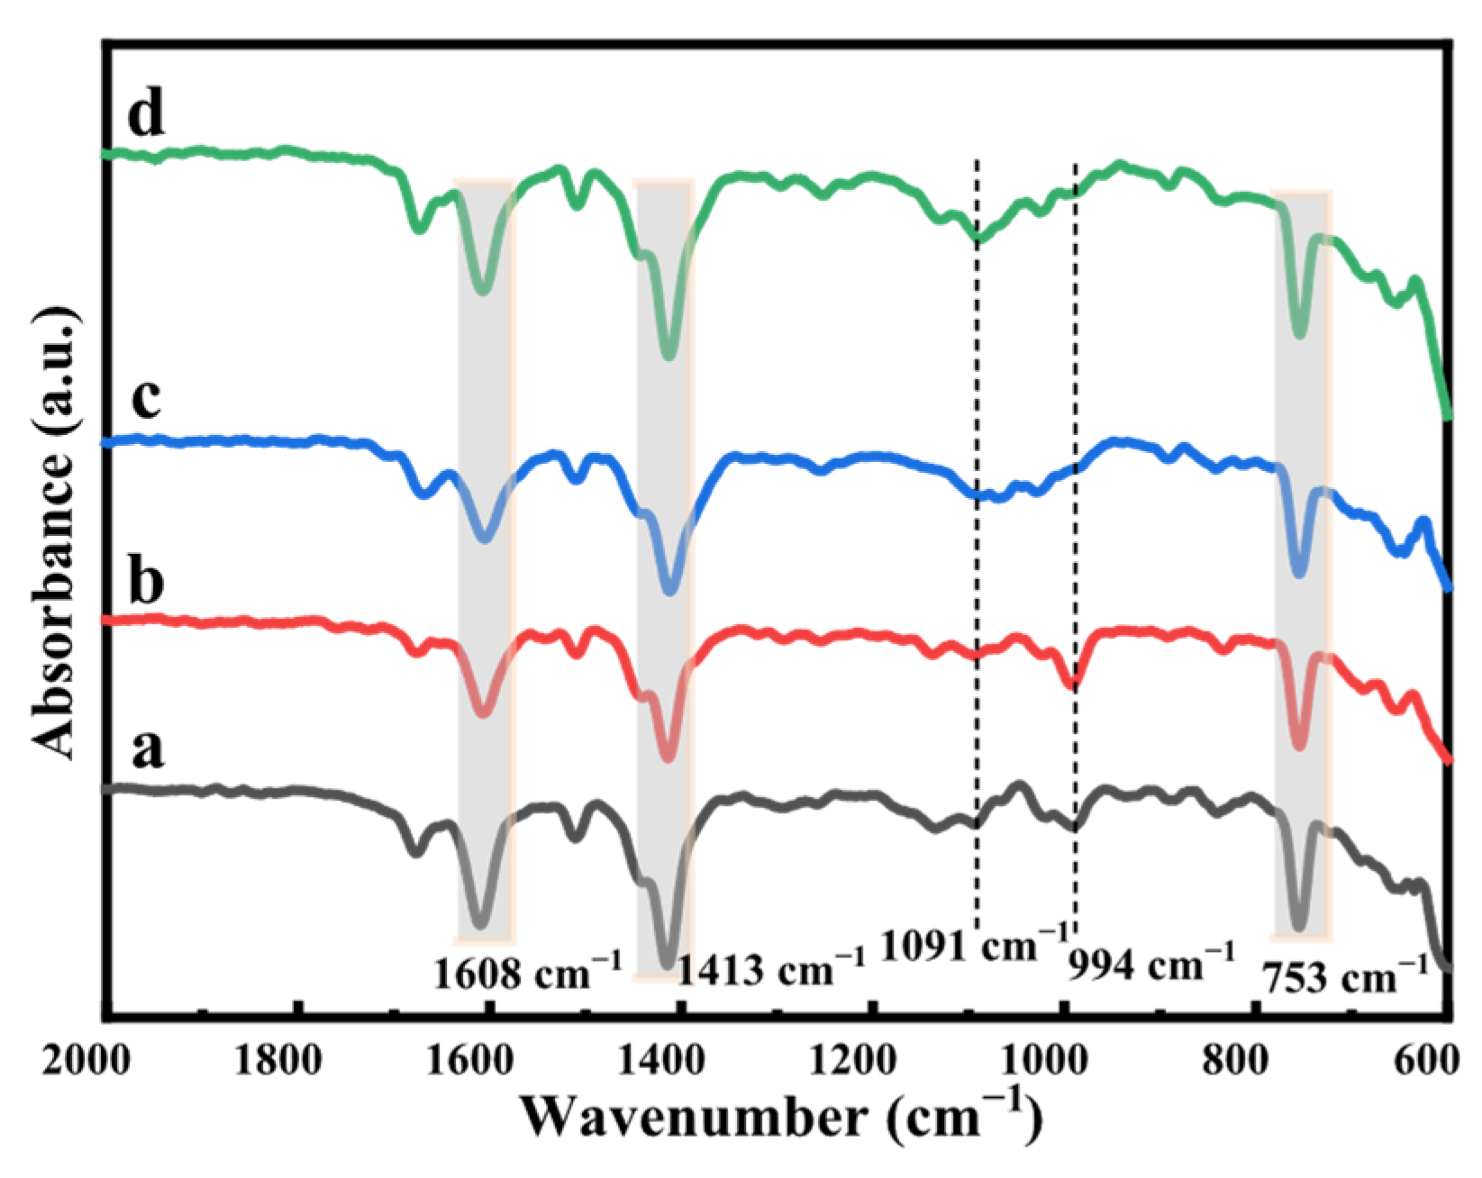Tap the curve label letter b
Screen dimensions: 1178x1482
pos(147,581)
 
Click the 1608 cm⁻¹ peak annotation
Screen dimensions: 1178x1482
pos(527,973)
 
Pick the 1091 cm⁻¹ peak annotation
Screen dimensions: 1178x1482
pos(973,944)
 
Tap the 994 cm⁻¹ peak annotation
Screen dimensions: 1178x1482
pos(1150,965)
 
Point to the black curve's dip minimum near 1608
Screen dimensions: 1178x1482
pos(480,924)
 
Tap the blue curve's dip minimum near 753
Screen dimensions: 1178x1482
pos(1298,573)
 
